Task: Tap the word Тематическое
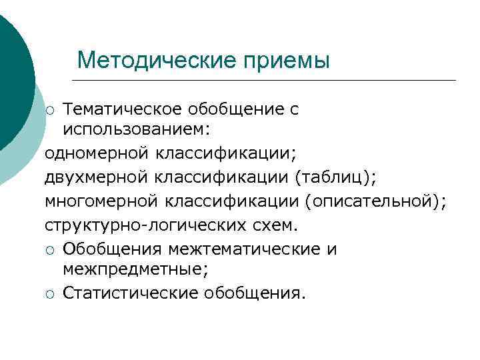(x=127, y=109)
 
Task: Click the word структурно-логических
(x=132, y=225)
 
